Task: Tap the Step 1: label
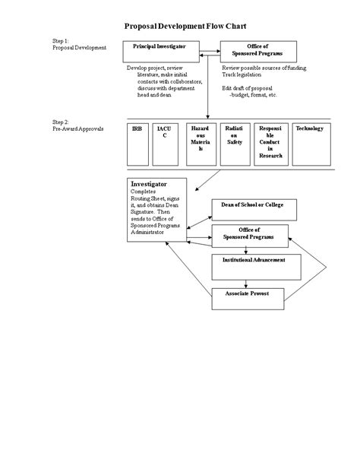coord(62,40)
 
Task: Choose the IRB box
coord(137,143)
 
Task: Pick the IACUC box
coord(164,143)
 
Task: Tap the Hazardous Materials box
coord(201,143)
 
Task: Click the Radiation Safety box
coord(234,143)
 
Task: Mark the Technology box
coord(311,143)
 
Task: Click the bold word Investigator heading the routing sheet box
coord(149,184)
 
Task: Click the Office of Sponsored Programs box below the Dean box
coord(250,236)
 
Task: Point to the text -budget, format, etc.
coord(254,95)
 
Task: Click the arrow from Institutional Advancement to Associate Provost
coord(247,283)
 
